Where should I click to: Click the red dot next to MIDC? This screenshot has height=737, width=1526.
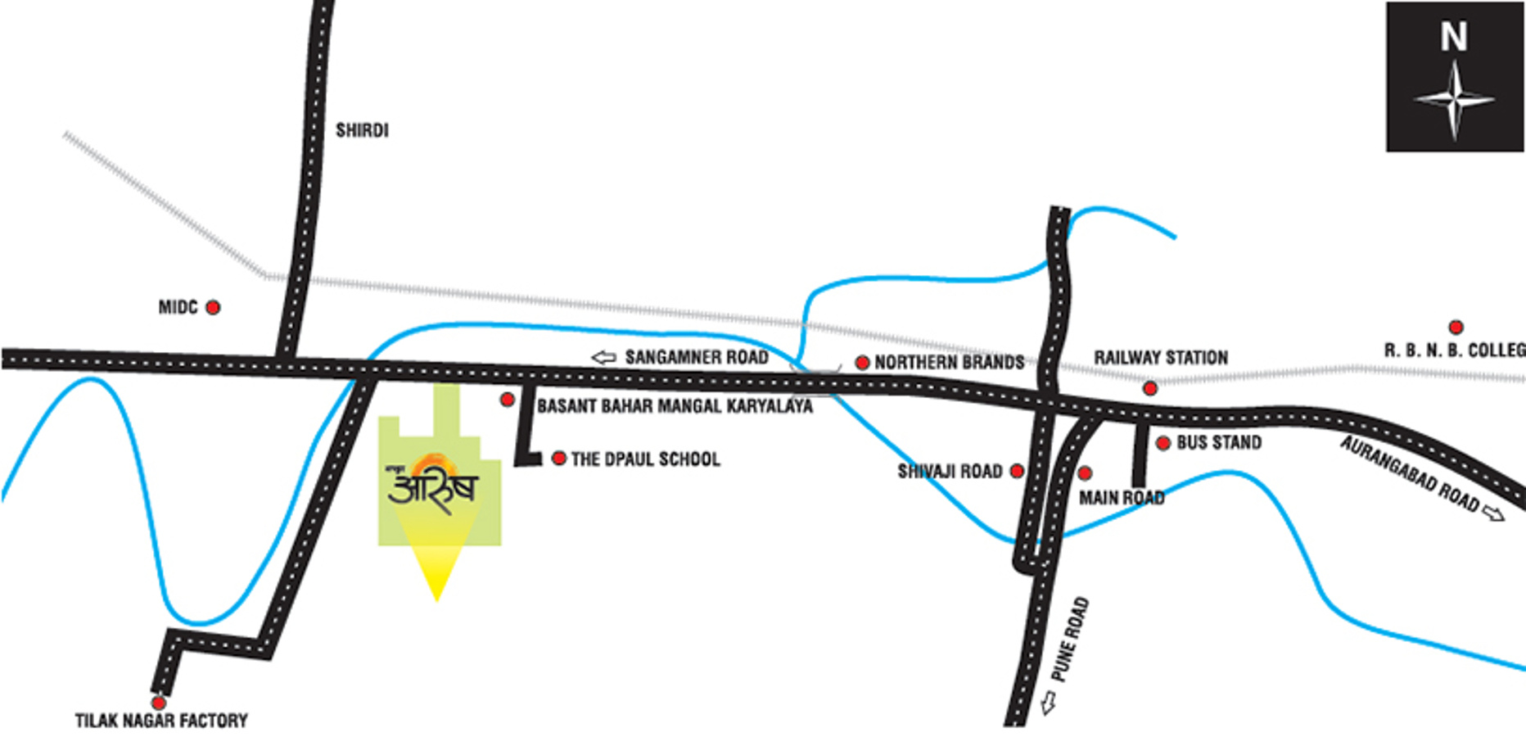(x=213, y=307)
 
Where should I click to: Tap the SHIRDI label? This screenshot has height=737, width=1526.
(x=362, y=130)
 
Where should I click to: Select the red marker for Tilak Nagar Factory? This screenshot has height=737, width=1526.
(x=159, y=703)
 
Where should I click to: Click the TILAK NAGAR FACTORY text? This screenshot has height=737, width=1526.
(x=161, y=721)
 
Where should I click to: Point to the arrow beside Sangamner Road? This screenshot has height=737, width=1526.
(x=603, y=357)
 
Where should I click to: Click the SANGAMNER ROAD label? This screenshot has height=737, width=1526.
(x=697, y=357)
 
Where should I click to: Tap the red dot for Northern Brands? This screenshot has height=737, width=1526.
(x=862, y=362)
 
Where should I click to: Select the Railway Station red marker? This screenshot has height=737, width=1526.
(x=1150, y=388)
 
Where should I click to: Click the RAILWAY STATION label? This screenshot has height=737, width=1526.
(x=1161, y=358)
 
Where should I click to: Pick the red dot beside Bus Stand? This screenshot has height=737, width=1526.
(x=1163, y=443)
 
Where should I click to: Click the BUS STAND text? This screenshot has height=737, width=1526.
(x=1219, y=443)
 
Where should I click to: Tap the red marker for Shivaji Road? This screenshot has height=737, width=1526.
(x=1017, y=471)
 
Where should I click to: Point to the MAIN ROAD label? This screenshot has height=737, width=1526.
(x=1122, y=498)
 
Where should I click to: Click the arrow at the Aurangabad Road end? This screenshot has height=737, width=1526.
(x=1494, y=513)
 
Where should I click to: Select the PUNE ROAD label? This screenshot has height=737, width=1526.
(x=1070, y=640)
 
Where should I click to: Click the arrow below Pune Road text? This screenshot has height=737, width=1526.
(x=1048, y=703)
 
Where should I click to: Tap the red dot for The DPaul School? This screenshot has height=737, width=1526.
(x=559, y=458)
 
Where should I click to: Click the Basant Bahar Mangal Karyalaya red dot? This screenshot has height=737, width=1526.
(x=508, y=399)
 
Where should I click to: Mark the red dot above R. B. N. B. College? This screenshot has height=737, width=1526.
(x=1456, y=328)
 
